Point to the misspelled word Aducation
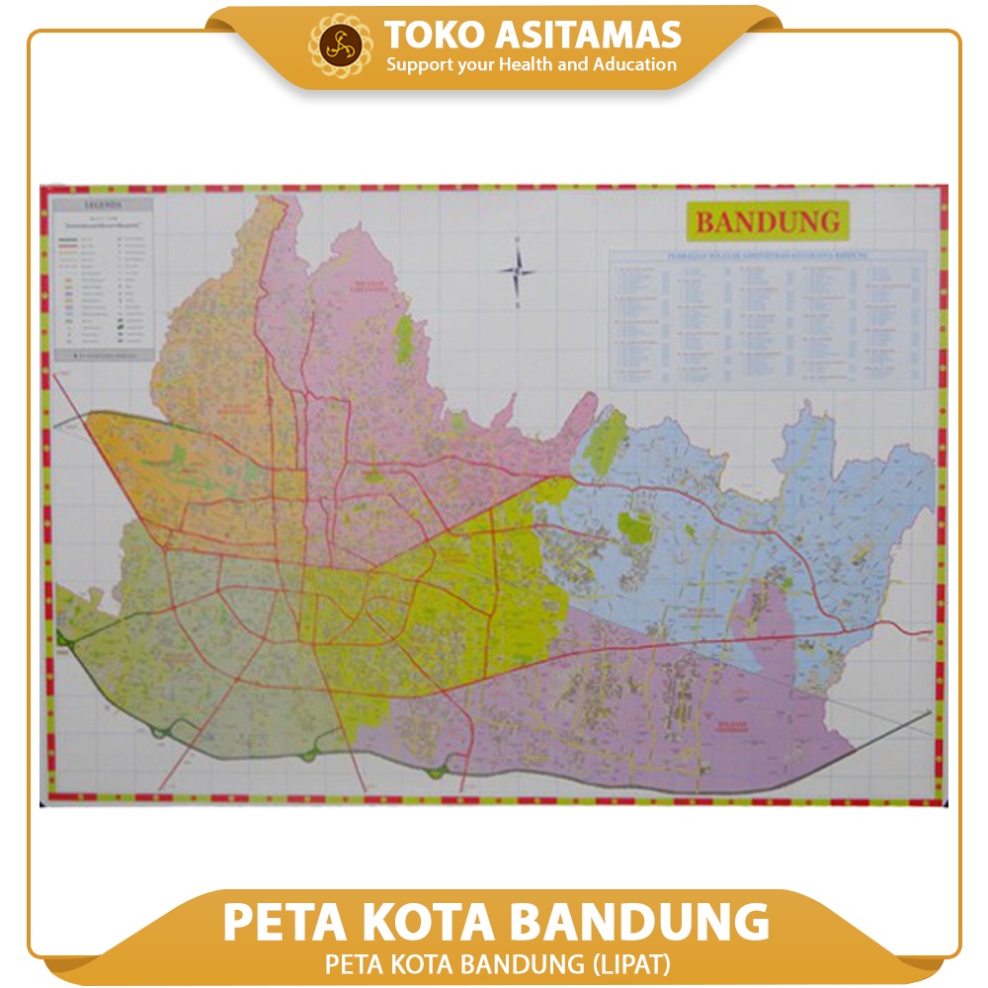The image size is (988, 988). [636, 65]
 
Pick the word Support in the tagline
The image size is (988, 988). [417, 65]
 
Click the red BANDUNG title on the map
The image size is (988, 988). [767, 221]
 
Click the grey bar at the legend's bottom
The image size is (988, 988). [103, 353]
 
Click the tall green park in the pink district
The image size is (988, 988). [404, 338]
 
